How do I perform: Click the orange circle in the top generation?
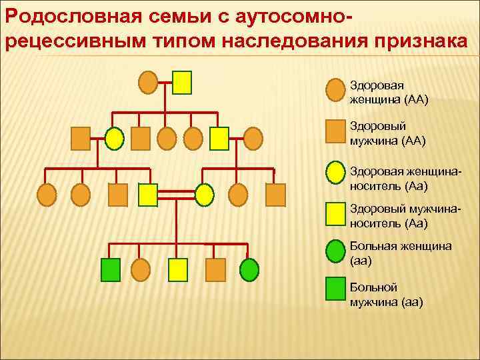tap(148, 82)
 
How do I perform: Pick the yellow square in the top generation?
tap(182, 82)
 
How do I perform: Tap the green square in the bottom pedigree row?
tap(110, 269)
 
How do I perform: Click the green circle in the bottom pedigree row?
tap(249, 269)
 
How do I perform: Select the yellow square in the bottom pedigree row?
tap(178, 269)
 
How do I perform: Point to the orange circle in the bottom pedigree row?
tap(141, 269)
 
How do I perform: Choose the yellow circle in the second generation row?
tap(115, 138)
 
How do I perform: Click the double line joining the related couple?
tap(176, 194)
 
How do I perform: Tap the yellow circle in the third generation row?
tap(204, 194)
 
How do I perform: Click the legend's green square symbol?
tap(336, 289)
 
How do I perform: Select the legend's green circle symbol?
tap(336, 251)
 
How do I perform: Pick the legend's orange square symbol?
tap(336, 131)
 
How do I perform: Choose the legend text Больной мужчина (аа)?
tap(386, 295)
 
